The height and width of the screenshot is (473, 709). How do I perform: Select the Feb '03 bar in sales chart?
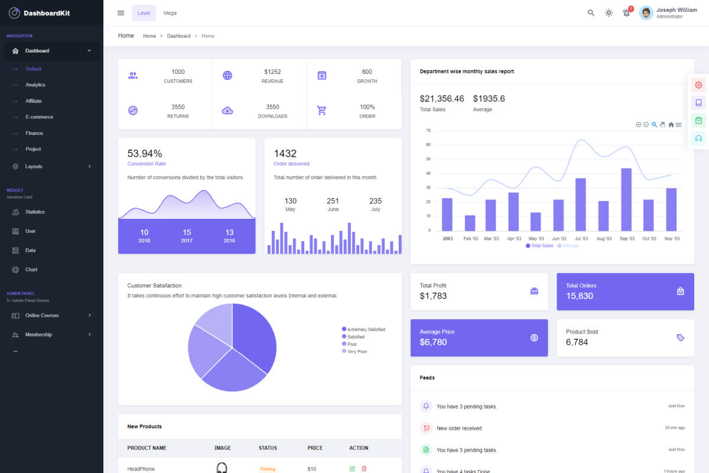(470, 223)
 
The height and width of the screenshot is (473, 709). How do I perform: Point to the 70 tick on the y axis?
(428, 130)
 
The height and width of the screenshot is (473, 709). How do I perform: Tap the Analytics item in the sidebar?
(35, 85)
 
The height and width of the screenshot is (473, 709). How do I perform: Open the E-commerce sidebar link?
(39, 117)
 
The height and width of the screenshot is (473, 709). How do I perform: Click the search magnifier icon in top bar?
(591, 13)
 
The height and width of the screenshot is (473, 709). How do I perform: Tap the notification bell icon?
(626, 13)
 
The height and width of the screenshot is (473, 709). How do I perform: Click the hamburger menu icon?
(121, 13)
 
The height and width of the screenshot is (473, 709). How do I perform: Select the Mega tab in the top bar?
(170, 13)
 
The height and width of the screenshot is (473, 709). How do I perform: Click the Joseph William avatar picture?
(646, 13)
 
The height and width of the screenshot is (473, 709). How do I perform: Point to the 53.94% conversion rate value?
(145, 154)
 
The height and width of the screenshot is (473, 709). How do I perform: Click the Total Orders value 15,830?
(579, 296)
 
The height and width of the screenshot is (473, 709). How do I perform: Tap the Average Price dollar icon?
(534, 338)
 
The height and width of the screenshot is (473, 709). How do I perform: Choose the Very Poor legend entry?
(357, 351)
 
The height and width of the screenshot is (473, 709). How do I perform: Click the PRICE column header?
(315, 448)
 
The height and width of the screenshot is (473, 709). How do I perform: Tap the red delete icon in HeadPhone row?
(364, 468)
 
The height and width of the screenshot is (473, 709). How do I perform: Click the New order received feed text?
(459, 428)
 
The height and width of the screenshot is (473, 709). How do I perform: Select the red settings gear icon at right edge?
(698, 85)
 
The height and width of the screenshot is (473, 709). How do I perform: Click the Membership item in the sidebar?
(38, 335)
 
